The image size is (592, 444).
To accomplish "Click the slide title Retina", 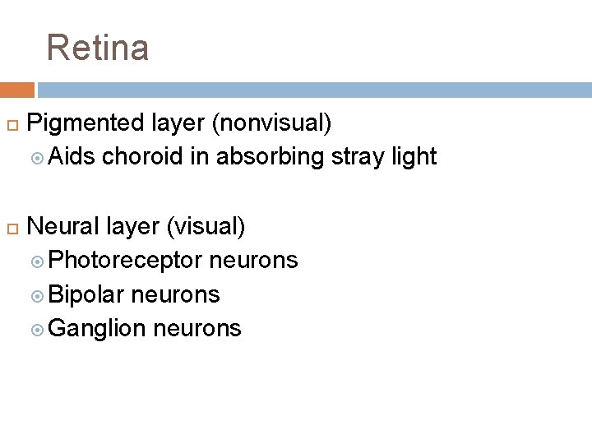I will click(98, 48).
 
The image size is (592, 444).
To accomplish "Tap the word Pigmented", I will click(86, 124).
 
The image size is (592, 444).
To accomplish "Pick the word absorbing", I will click(267, 156).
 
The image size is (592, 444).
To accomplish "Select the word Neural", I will click(63, 225).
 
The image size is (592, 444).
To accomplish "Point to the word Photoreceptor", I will click(125, 261).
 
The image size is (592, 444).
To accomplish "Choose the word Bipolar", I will click(86, 294).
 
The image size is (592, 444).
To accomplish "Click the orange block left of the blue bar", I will click(16, 90).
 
